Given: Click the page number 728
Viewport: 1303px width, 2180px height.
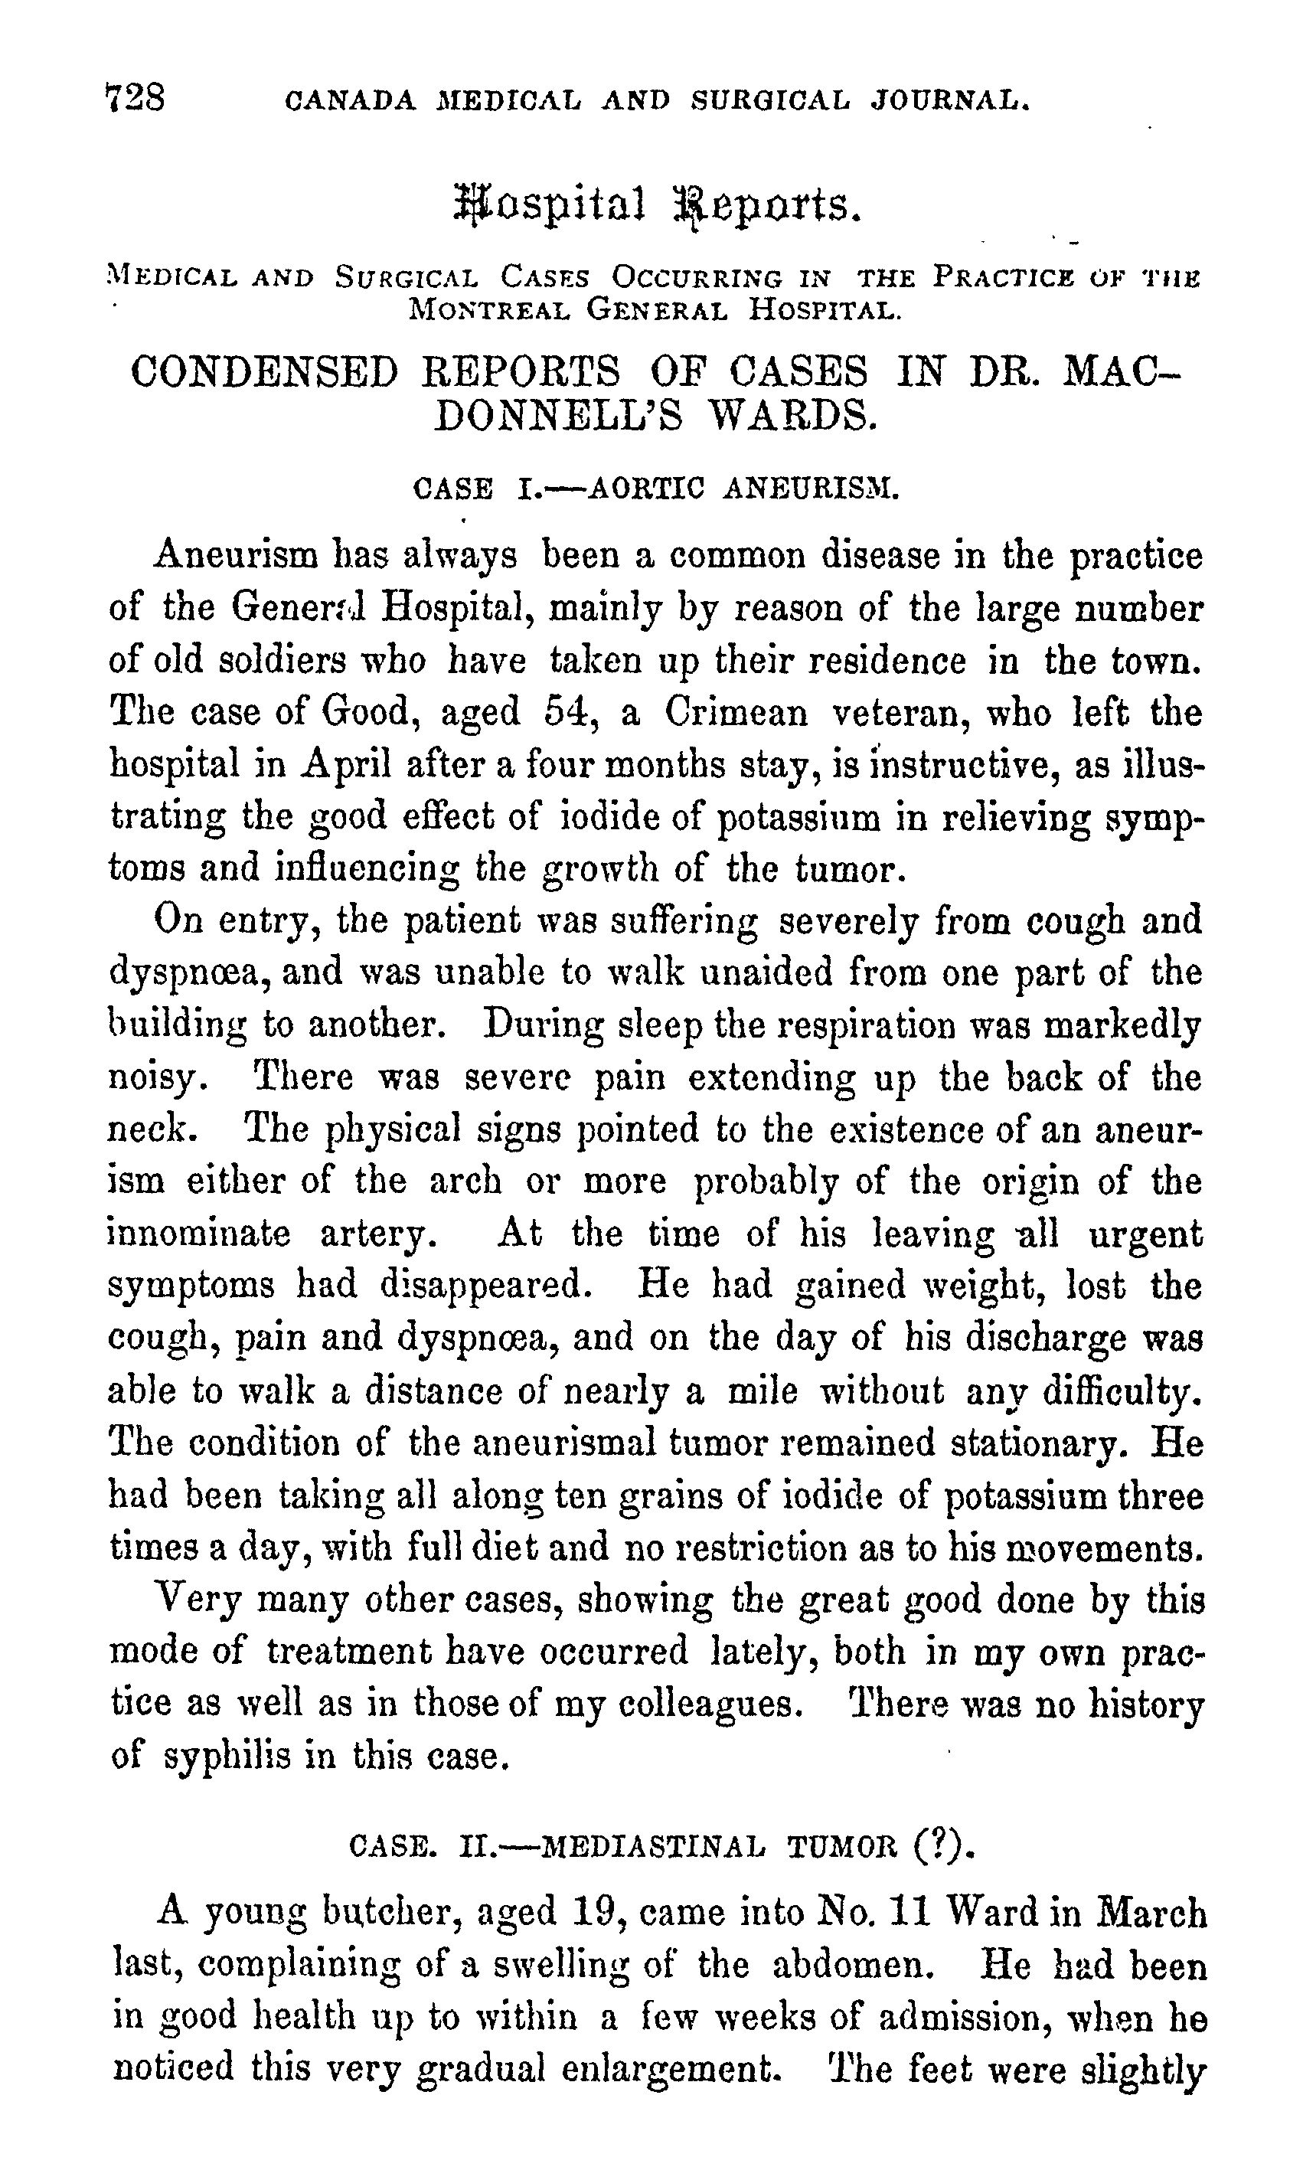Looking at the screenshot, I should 136,97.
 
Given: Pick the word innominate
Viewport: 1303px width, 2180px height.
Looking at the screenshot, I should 198,1234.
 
